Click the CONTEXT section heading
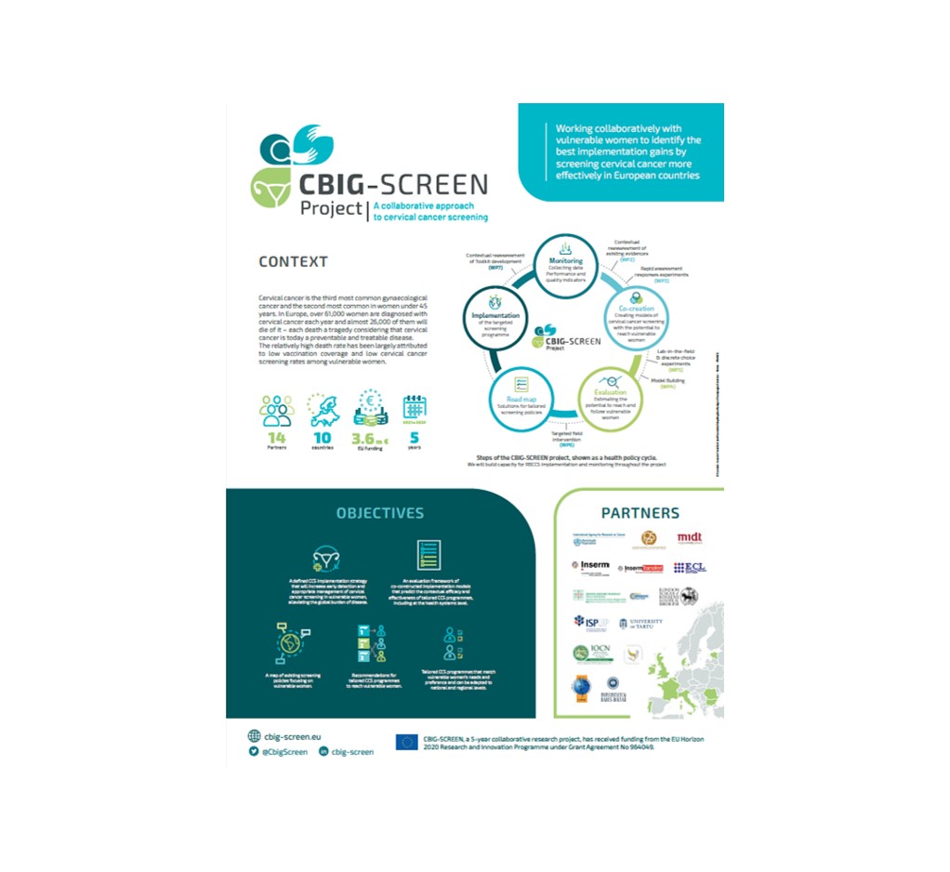click(x=293, y=262)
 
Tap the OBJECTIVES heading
click(x=379, y=513)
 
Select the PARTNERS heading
click(x=640, y=512)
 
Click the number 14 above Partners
click(x=277, y=437)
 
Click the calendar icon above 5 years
click(x=415, y=409)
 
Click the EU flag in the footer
click(x=406, y=742)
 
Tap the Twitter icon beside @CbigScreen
click(x=254, y=751)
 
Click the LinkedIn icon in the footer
click(x=323, y=751)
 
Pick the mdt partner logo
click(x=689, y=537)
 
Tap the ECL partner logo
click(x=690, y=566)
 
